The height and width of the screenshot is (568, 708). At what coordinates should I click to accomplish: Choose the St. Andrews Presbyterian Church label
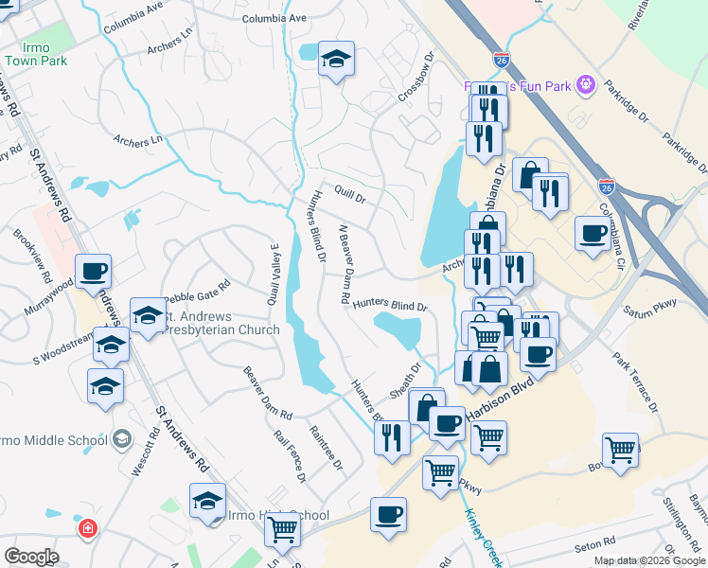[222, 323]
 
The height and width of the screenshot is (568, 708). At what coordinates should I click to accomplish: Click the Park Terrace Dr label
[635, 382]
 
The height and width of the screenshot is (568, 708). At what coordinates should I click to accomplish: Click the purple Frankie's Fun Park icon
[586, 86]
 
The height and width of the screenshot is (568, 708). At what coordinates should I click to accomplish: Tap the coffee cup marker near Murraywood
[94, 273]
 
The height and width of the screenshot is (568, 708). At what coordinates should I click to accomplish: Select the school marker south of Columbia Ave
[336, 60]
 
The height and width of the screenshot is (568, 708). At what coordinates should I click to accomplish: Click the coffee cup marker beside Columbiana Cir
[593, 233]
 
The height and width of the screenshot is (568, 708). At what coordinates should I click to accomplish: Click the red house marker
[87, 527]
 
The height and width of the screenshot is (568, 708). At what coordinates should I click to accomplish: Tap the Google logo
[31, 556]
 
